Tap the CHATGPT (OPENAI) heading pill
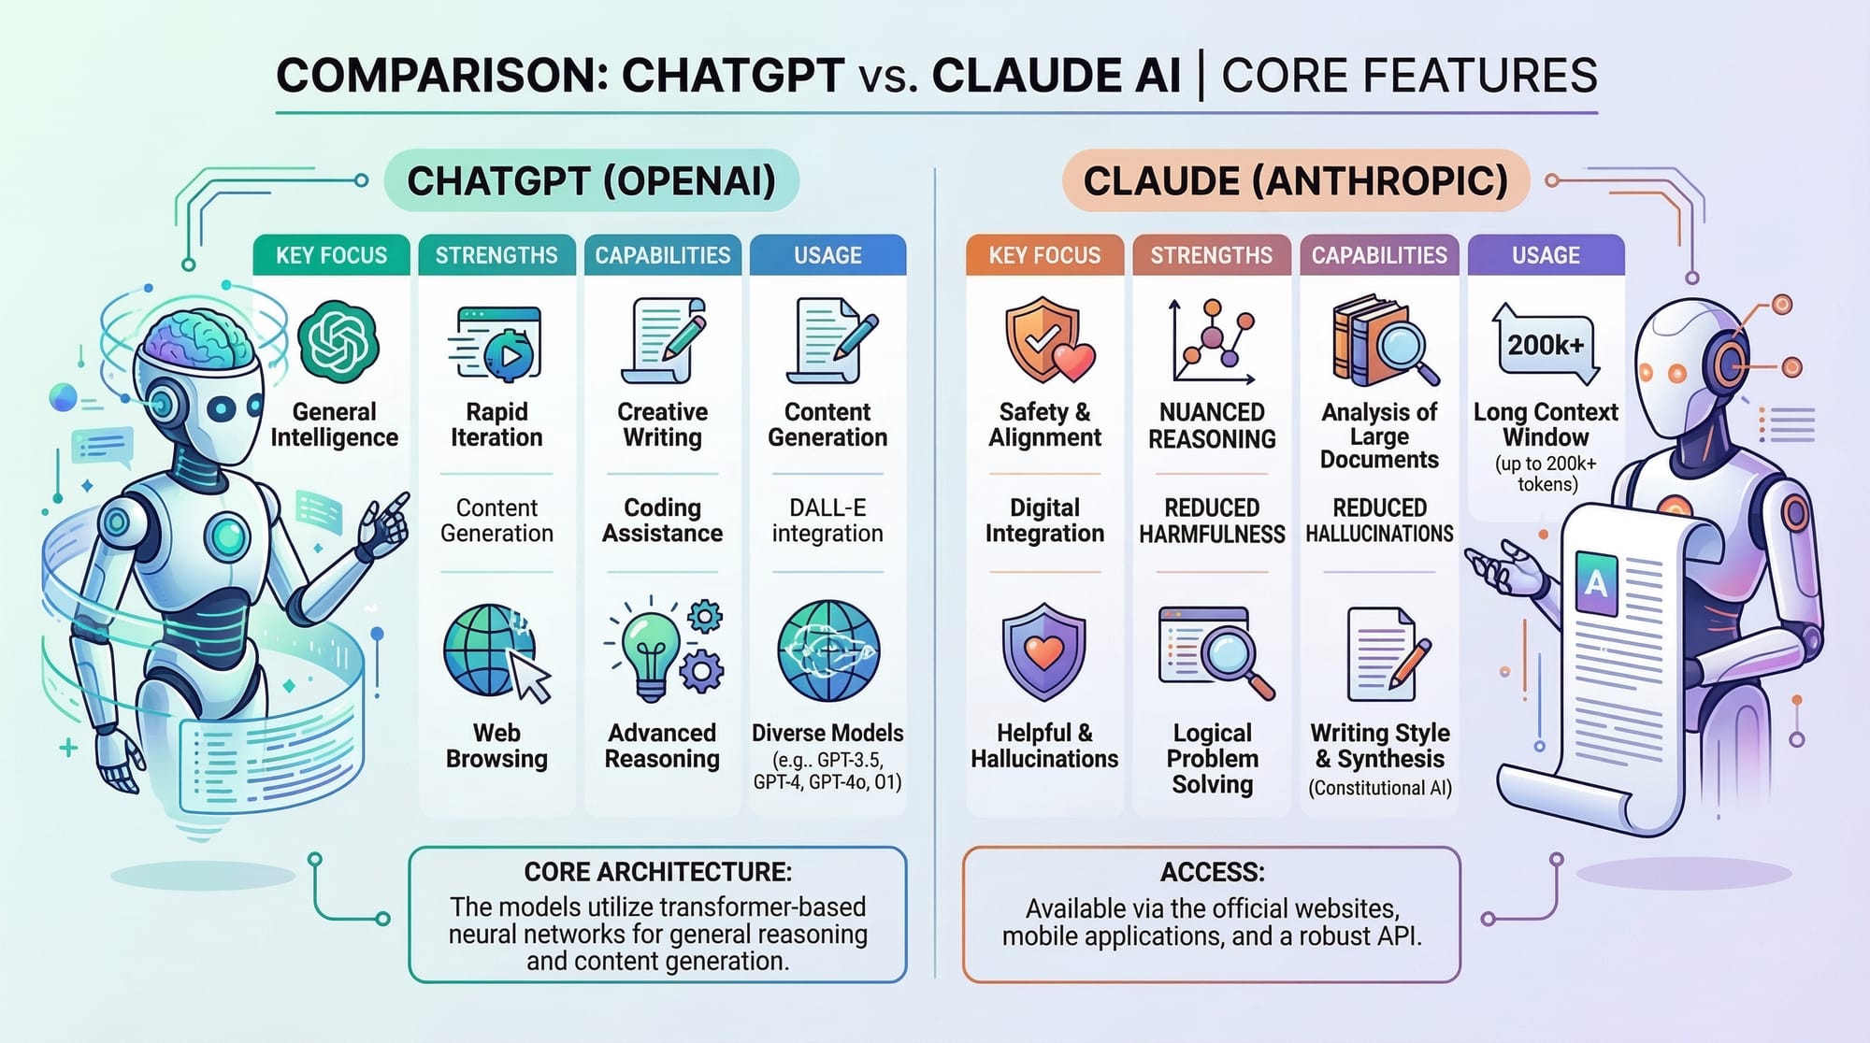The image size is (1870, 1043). tap(591, 180)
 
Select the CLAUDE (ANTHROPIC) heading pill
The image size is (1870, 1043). tap(1295, 180)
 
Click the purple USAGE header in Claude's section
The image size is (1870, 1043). tap(1546, 255)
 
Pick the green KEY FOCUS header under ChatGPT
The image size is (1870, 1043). tap(331, 255)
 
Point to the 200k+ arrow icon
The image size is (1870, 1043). tap(1546, 345)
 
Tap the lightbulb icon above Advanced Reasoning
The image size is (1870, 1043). tap(653, 650)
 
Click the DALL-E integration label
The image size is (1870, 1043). tap(827, 521)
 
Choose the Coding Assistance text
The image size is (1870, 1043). tap(662, 521)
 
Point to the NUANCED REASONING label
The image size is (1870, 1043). tap(1212, 425)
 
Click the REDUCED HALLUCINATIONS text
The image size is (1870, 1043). tap(1379, 521)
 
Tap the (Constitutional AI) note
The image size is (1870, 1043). tap(1380, 788)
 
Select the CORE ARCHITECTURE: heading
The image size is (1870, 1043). tap(657, 872)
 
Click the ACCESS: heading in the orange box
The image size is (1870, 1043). tap(1212, 872)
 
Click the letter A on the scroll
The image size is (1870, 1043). tap(1595, 583)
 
